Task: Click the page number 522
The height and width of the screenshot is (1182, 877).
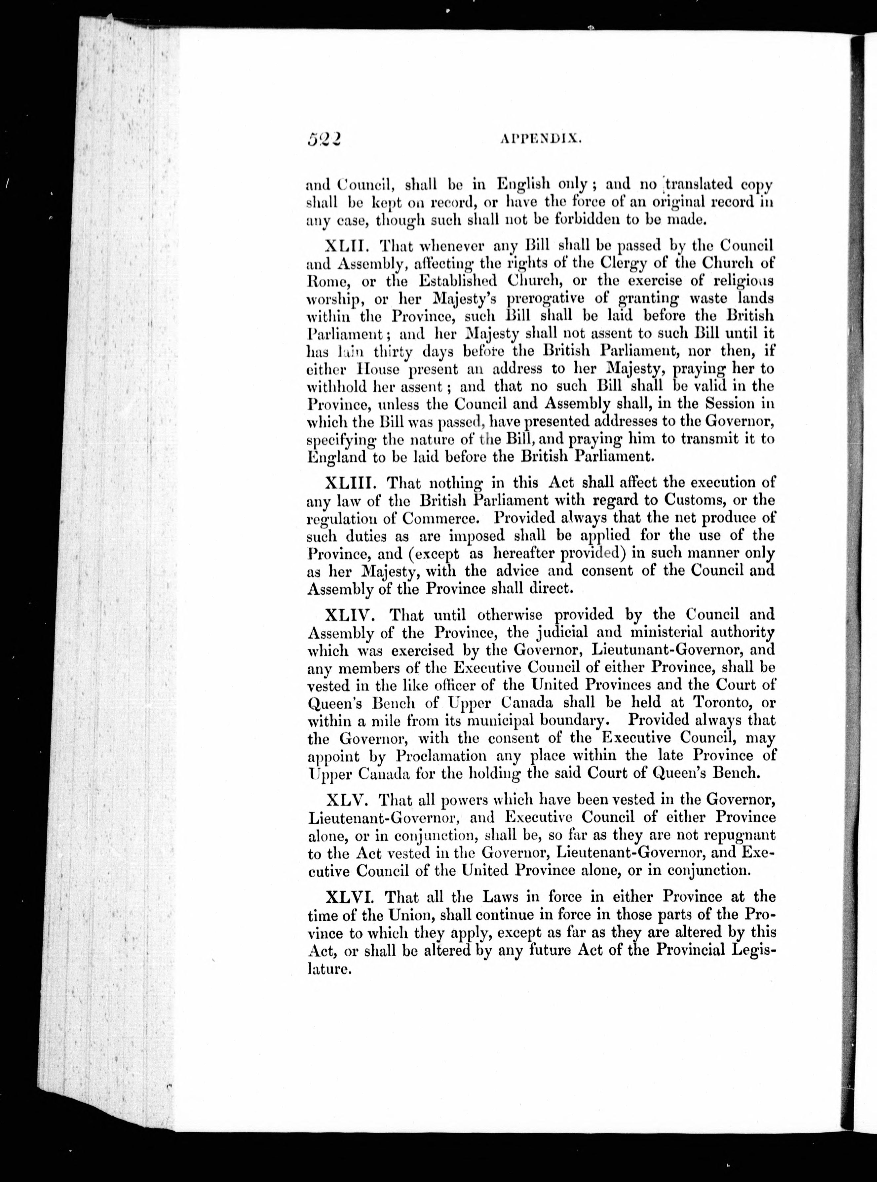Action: click(x=323, y=139)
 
